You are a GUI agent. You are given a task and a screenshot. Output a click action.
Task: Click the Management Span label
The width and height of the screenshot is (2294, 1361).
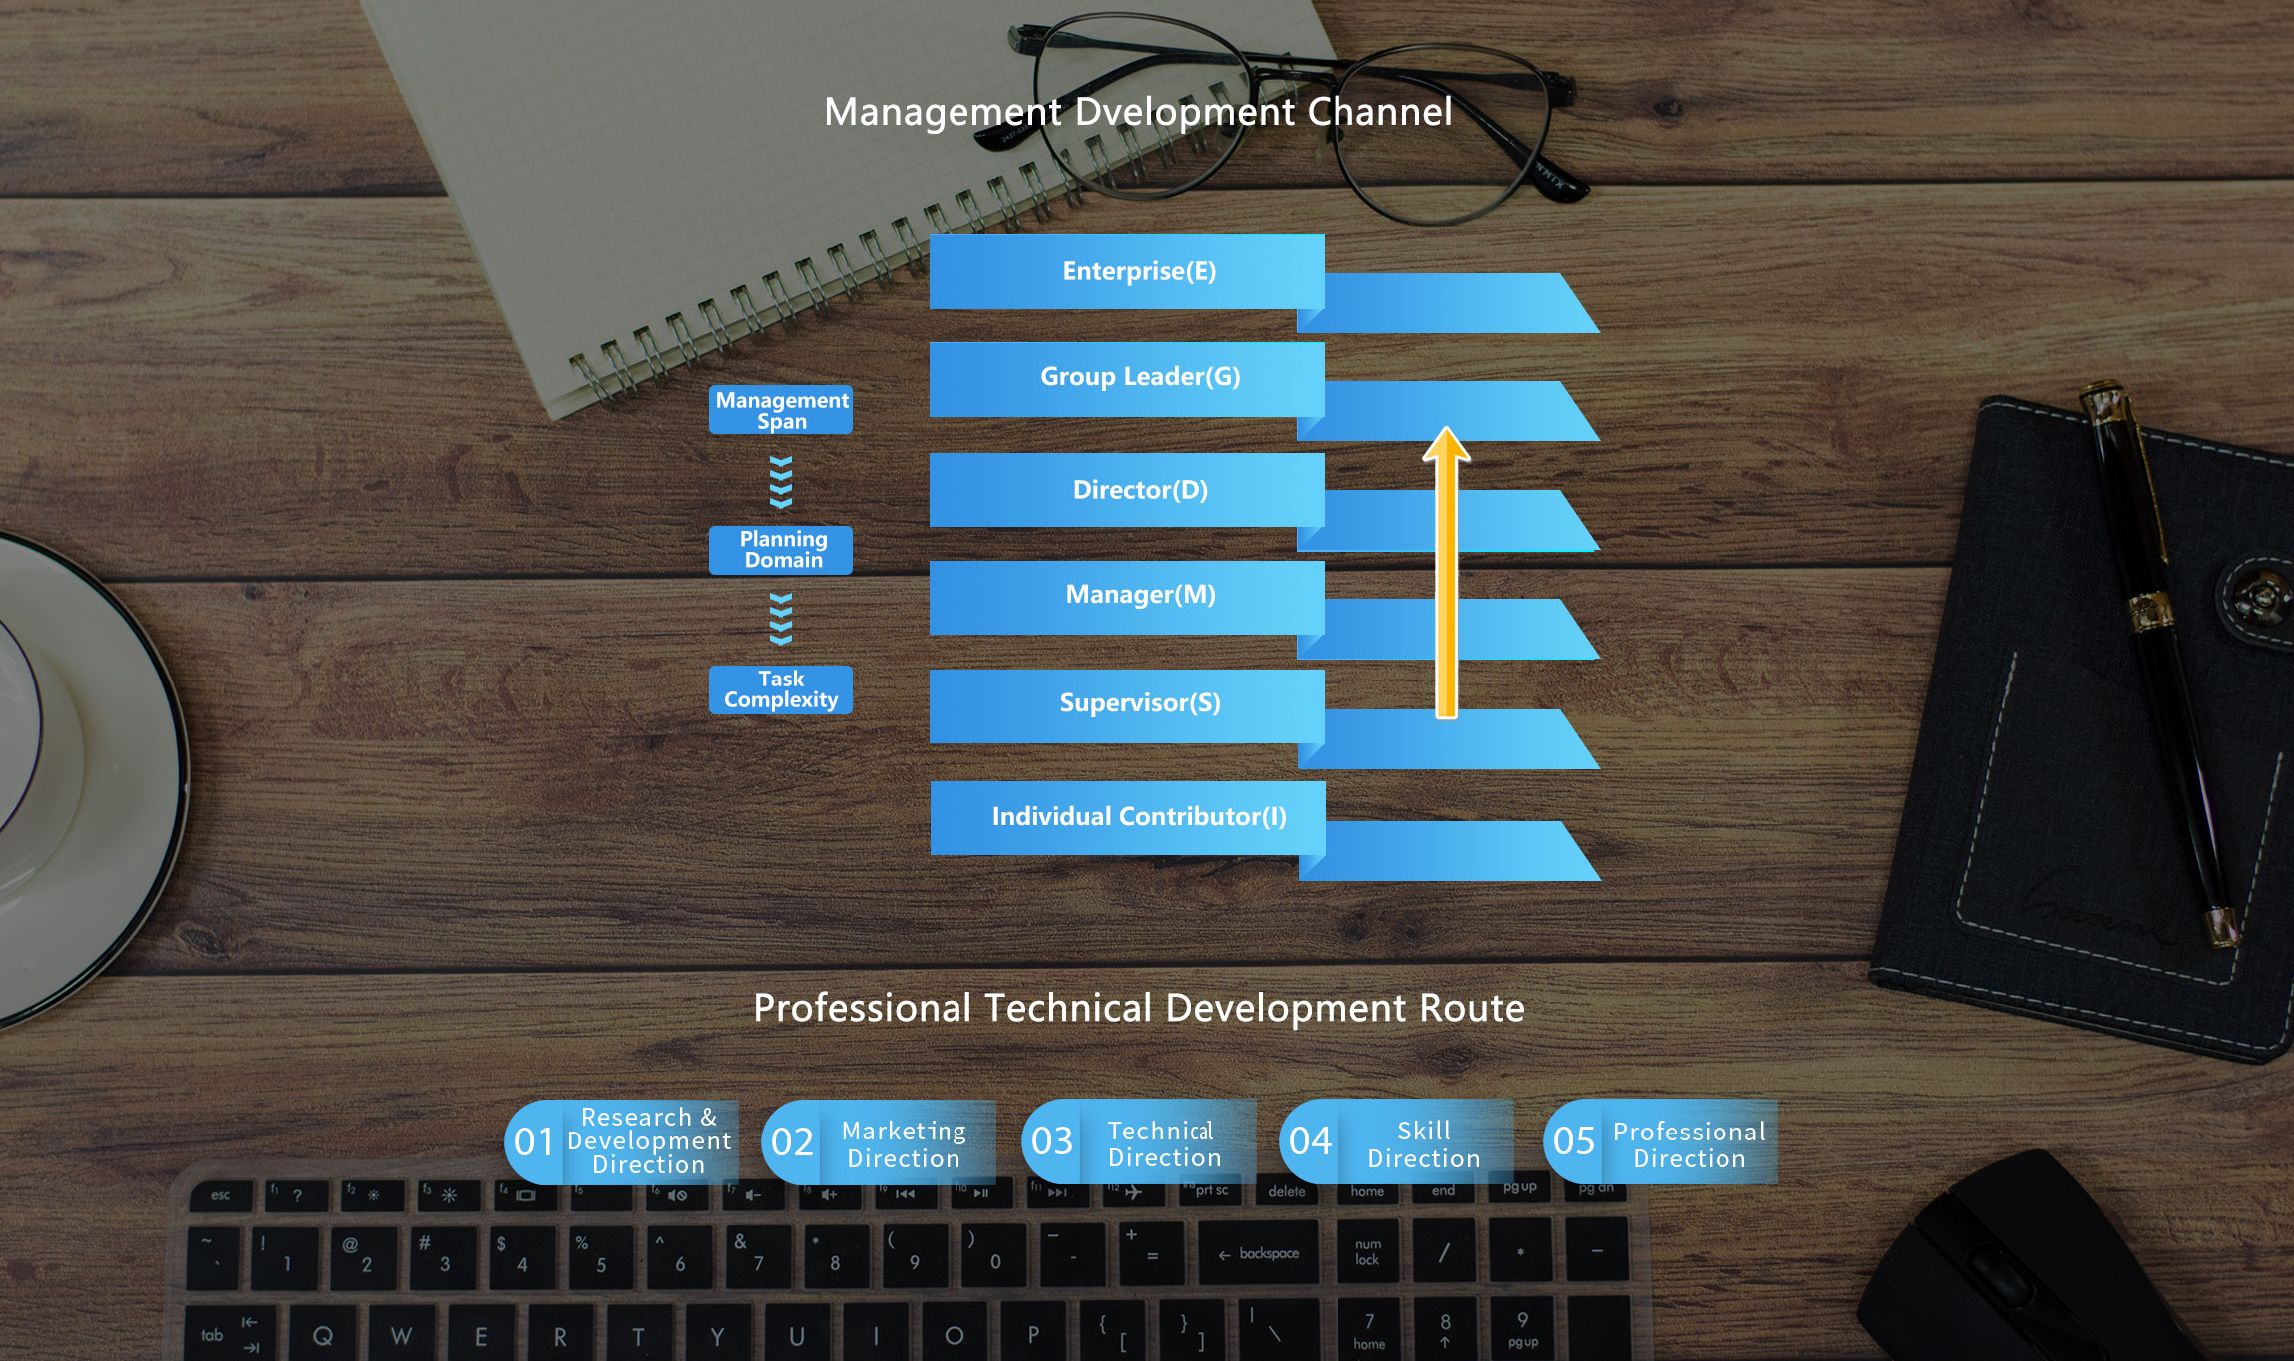point(781,410)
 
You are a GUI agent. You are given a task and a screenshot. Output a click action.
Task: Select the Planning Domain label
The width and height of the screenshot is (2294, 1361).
point(781,550)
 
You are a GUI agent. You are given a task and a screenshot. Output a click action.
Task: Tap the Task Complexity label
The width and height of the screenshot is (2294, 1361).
point(781,689)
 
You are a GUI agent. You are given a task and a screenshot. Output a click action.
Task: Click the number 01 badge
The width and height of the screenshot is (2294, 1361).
point(534,1141)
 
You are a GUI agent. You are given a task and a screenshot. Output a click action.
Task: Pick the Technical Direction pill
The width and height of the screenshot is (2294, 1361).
point(1139,1143)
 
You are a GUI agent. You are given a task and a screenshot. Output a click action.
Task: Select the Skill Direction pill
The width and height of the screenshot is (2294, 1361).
point(1396,1143)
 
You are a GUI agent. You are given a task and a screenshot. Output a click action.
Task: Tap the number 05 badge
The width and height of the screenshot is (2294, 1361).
point(1574,1141)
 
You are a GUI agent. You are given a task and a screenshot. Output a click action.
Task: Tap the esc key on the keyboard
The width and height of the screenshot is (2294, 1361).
point(220,1195)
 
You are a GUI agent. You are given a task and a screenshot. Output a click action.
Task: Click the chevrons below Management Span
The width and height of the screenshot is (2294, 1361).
point(781,482)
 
